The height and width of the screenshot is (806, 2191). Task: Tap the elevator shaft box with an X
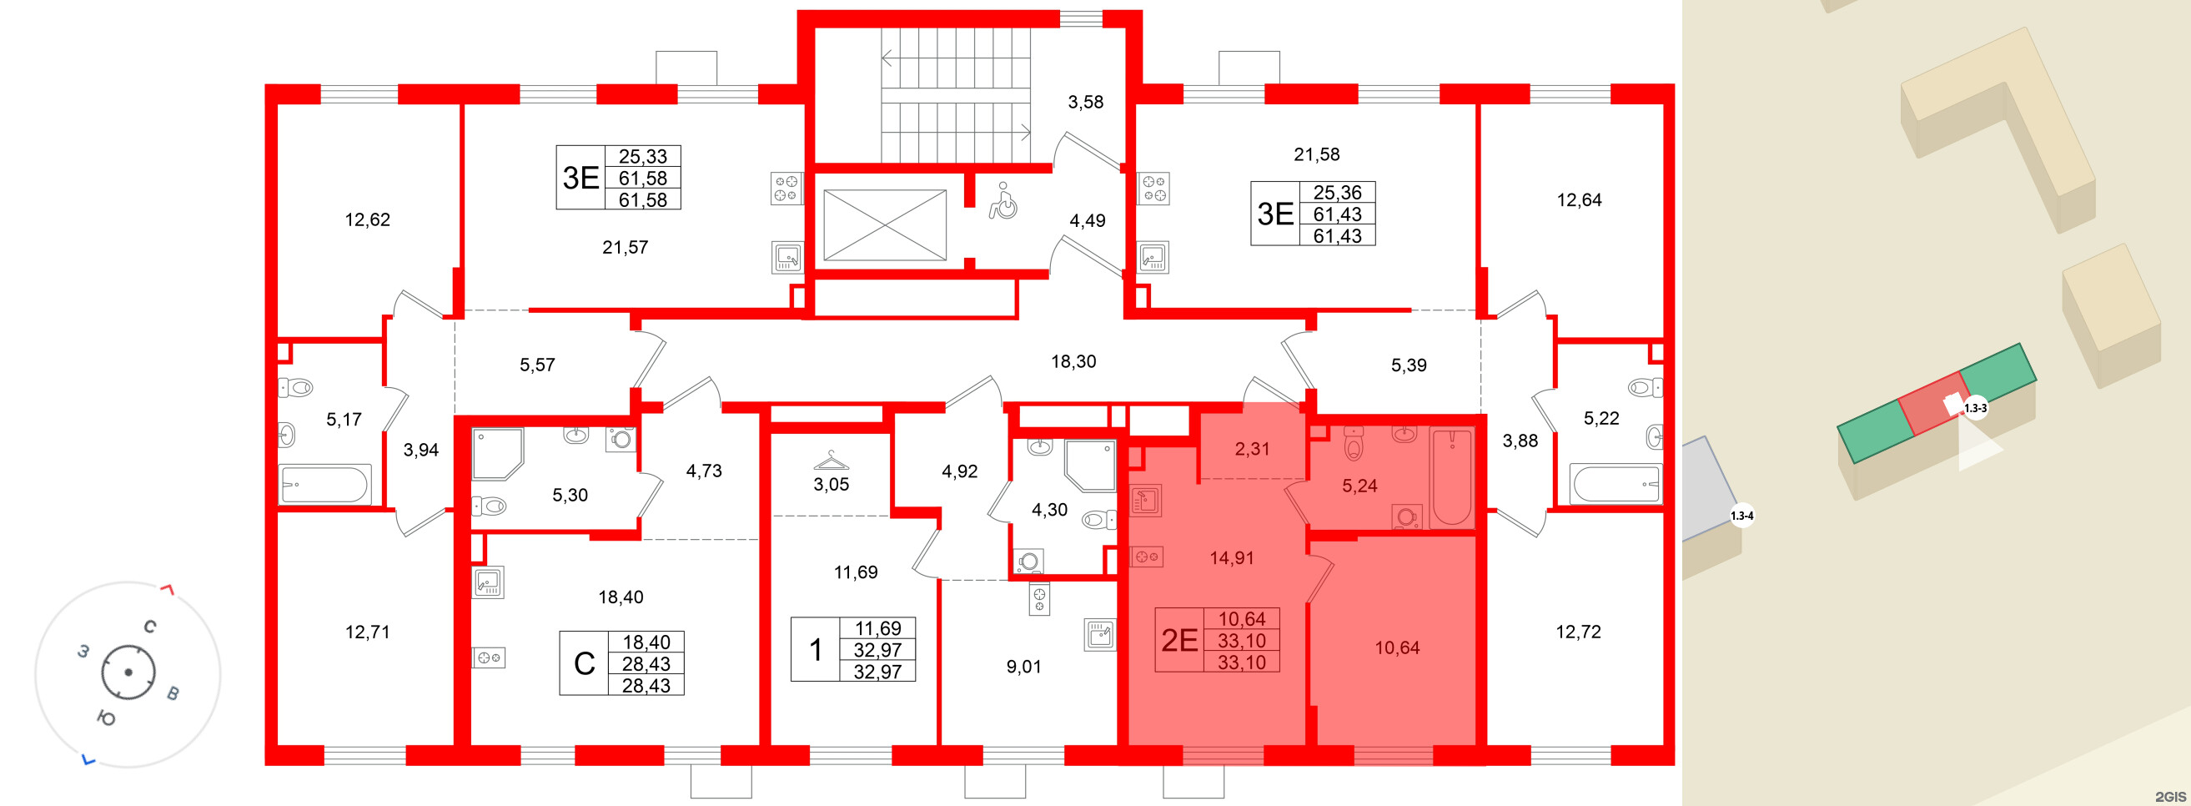click(x=885, y=224)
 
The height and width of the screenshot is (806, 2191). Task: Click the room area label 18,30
click(x=1073, y=362)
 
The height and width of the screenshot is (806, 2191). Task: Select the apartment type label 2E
click(x=1179, y=640)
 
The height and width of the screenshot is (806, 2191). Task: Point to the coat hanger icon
click(x=831, y=461)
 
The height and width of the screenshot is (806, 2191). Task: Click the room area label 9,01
click(x=1024, y=667)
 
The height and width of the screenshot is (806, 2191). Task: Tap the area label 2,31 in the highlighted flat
click(x=1252, y=449)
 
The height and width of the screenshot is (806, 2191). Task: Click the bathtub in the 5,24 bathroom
click(x=1453, y=477)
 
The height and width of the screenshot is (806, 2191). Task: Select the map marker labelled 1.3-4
click(x=1742, y=516)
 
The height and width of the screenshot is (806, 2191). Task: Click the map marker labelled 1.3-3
click(x=1976, y=409)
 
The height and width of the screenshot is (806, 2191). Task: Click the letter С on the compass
click(x=149, y=627)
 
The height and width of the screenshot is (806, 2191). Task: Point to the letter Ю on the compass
click(x=106, y=718)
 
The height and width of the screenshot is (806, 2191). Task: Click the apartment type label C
click(x=585, y=663)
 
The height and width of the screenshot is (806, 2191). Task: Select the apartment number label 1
click(x=816, y=649)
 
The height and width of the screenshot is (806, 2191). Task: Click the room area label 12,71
click(x=368, y=632)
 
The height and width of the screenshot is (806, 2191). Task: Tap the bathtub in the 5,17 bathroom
click(x=325, y=484)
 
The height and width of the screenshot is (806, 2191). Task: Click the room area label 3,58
click(x=1086, y=102)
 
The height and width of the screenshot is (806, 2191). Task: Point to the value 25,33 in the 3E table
click(x=643, y=157)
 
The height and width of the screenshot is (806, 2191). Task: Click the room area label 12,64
click(x=1580, y=200)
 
